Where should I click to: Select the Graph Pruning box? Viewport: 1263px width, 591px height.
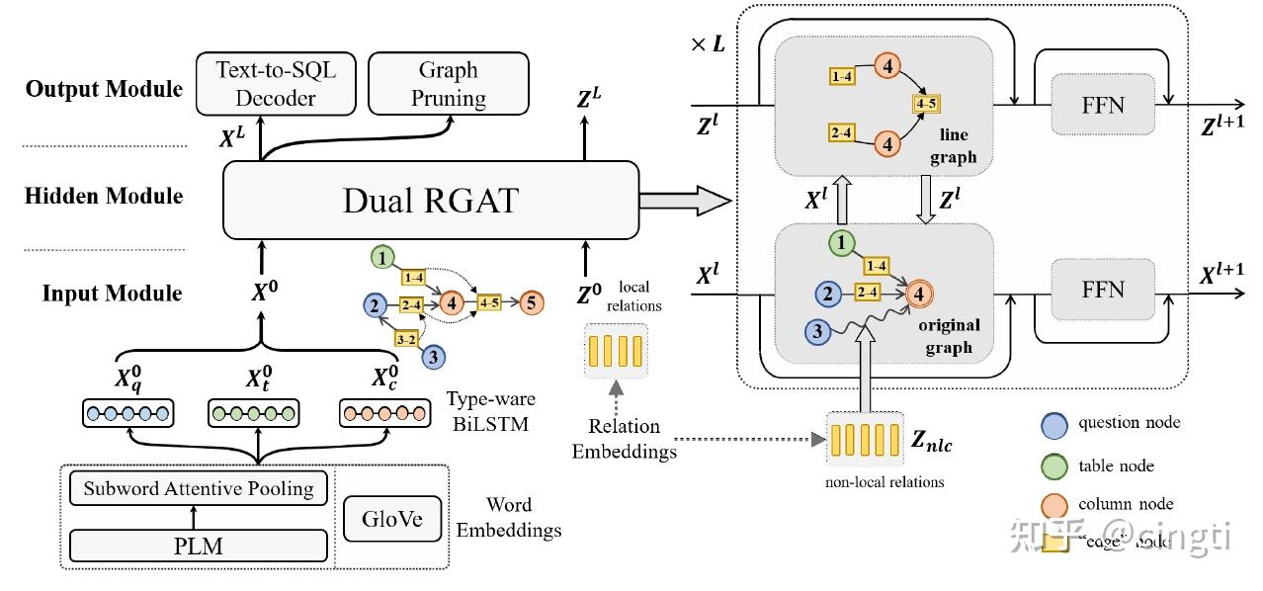(x=450, y=83)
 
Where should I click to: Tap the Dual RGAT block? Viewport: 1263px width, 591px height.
(x=430, y=201)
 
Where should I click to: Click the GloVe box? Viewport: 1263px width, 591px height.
(x=391, y=519)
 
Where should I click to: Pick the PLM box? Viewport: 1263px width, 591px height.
(x=198, y=546)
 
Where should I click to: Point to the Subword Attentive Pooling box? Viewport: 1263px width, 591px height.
(x=198, y=487)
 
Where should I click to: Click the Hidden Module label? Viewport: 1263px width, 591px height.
(x=104, y=195)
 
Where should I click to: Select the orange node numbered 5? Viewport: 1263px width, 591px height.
(x=532, y=302)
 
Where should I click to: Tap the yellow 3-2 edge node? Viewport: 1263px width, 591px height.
(x=405, y=339)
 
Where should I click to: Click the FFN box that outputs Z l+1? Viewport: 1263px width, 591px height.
(x=1103, y=104)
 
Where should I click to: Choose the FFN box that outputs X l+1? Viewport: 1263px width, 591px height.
(x=1103, y=289)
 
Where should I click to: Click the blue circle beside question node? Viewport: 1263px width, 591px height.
(x=1055, y=424)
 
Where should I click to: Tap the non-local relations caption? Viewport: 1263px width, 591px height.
(x=884, y=482)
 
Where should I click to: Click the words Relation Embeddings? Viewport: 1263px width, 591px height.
(x=624, y=439)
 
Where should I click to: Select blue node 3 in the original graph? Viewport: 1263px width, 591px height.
(x=817, y=332)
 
